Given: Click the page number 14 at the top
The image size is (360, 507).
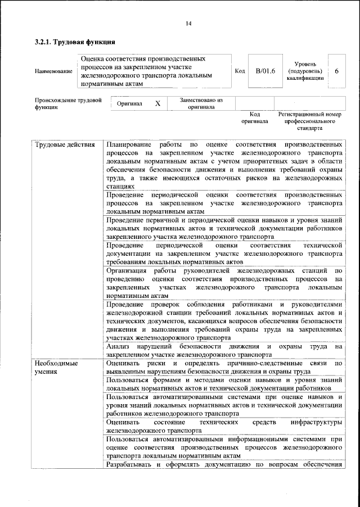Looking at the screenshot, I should tap(188, 23).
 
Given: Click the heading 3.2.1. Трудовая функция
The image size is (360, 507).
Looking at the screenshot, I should tap(75, 42).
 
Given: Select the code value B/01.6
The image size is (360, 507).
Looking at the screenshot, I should tap(264, 71).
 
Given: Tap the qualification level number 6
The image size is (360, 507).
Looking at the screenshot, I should tap(336, 71).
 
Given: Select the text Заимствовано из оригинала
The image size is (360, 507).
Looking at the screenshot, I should tap(201, 103).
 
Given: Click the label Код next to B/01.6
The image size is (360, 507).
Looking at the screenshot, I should tap(240, 71).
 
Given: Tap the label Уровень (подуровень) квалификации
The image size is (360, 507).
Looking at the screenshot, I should tap(304, 71).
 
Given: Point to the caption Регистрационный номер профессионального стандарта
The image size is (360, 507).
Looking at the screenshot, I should tap(310, 121).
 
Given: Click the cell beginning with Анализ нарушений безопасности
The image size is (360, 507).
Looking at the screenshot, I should tap(223, 351).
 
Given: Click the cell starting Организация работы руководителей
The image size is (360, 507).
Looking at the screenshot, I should tap(223, 283).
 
